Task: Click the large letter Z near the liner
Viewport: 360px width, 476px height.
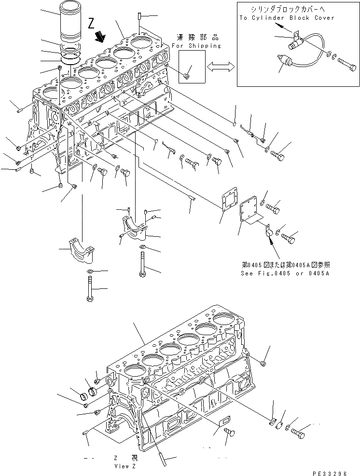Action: click(92, 23)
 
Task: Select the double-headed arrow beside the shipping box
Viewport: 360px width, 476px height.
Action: click(220, 68)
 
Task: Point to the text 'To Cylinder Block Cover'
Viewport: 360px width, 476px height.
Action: click(286, 18)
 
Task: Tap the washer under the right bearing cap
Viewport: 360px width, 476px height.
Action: click(143, 249)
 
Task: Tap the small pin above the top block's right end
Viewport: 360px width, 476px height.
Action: click(139, 16)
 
